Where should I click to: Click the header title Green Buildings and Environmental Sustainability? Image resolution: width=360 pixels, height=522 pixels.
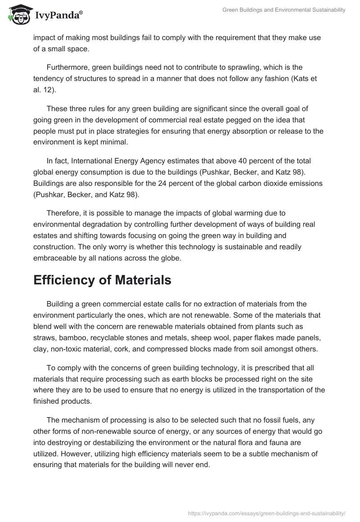point(284,10)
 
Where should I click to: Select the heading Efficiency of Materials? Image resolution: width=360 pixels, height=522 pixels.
point(102,280)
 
